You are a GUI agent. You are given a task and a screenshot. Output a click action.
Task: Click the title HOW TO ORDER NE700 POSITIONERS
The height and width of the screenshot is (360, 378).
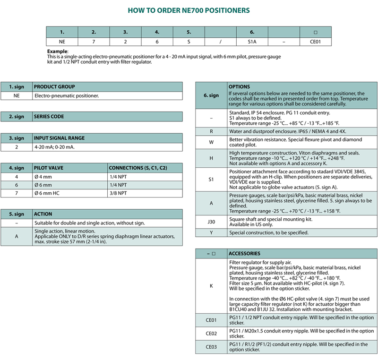point(189,10)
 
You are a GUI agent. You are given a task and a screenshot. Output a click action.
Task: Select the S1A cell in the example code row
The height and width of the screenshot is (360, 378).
point(252,42)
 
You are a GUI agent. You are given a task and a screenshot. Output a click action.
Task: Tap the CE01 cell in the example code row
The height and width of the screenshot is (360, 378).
point(315,42)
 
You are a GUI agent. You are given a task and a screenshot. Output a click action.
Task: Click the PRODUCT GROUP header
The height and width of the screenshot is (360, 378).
point(54,87)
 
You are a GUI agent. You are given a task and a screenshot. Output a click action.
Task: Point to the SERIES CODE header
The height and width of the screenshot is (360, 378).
point(49,116)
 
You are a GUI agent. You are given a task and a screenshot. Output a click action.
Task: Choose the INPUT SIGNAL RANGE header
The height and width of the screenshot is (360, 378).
point(59,138)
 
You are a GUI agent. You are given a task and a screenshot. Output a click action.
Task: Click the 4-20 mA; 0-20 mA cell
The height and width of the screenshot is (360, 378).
point(54,146)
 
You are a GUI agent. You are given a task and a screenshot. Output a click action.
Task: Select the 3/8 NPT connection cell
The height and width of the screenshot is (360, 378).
point(118,193)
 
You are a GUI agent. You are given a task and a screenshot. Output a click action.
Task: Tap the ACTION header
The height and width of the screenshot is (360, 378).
point(43,214)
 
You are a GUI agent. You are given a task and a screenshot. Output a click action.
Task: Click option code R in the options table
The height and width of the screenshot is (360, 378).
point(211,131)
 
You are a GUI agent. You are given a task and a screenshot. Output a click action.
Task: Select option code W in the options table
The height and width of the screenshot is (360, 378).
point(211,142)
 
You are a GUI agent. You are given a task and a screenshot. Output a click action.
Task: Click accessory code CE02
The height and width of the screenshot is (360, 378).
point(211,333)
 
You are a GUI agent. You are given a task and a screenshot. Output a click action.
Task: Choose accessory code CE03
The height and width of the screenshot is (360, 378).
point(211,347)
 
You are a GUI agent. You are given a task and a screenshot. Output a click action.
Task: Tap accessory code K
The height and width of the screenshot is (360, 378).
point(211,286)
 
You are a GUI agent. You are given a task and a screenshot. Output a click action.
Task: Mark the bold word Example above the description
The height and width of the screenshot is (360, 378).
point(58,51)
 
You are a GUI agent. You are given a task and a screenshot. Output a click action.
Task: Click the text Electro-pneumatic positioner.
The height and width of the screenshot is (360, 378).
point(67,95)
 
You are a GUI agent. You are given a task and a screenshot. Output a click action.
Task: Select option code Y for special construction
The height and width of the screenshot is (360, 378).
point(211,232)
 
